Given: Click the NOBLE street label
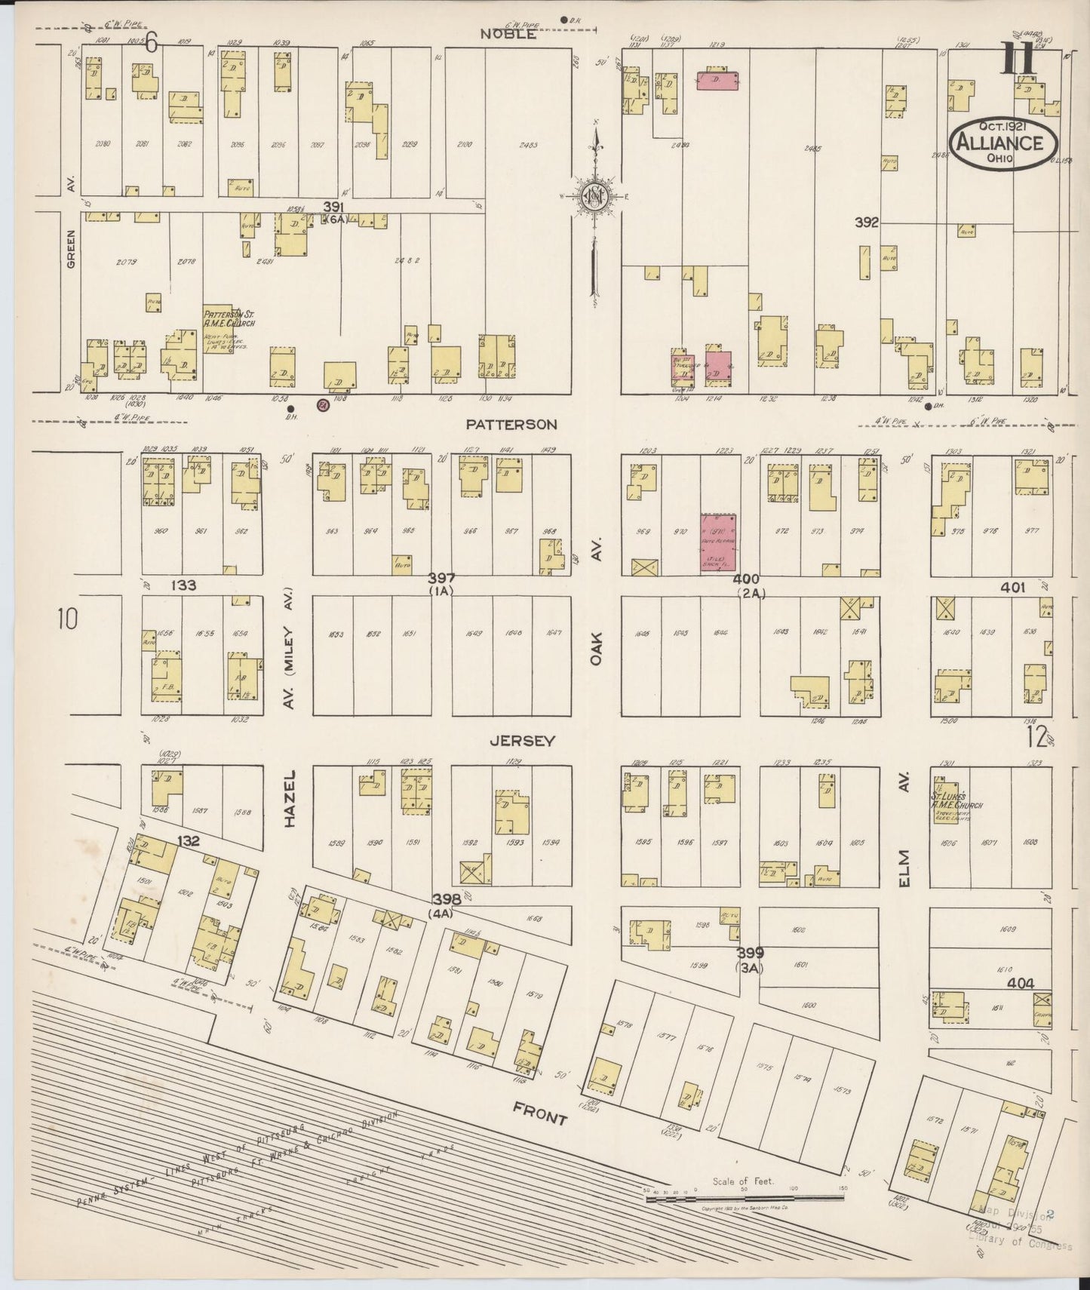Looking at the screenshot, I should tap(511, 34).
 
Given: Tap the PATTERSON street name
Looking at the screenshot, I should tap(511, 425).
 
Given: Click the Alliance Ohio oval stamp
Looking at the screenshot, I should tap(1003, 142).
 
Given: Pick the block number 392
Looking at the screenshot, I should tap(867, 223).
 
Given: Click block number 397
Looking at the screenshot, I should tap(441, 579).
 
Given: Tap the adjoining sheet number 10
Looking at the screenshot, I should tap(66, 620).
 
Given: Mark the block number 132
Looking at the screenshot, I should tap(188, 841).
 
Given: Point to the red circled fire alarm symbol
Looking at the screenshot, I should tap(324, 405).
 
